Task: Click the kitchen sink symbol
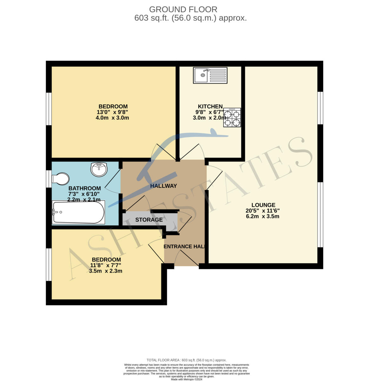click(x=210, y=75)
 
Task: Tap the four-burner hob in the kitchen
click(x=232, y=117)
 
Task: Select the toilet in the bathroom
click(x=60, y=179)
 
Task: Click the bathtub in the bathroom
click(x=78, y=212)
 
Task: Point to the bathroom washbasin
click(x=99, y=169)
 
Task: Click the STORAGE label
click(x=149, y=220)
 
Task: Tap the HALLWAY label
click(x=163, y=186)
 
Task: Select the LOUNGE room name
click(x=263, y=205)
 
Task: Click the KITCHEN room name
click(x=210, y=106)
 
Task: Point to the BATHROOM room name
click(x=84, y=188)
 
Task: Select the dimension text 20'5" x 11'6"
click(x=263, y=211)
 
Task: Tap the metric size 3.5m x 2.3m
click(x=106, y=271)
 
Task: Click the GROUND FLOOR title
click(x=183, y=10)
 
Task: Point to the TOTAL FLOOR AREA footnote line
click(x=187, y=360)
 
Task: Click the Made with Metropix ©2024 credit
click(x=187, y=379)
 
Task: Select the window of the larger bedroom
click(x=49, y=109)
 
